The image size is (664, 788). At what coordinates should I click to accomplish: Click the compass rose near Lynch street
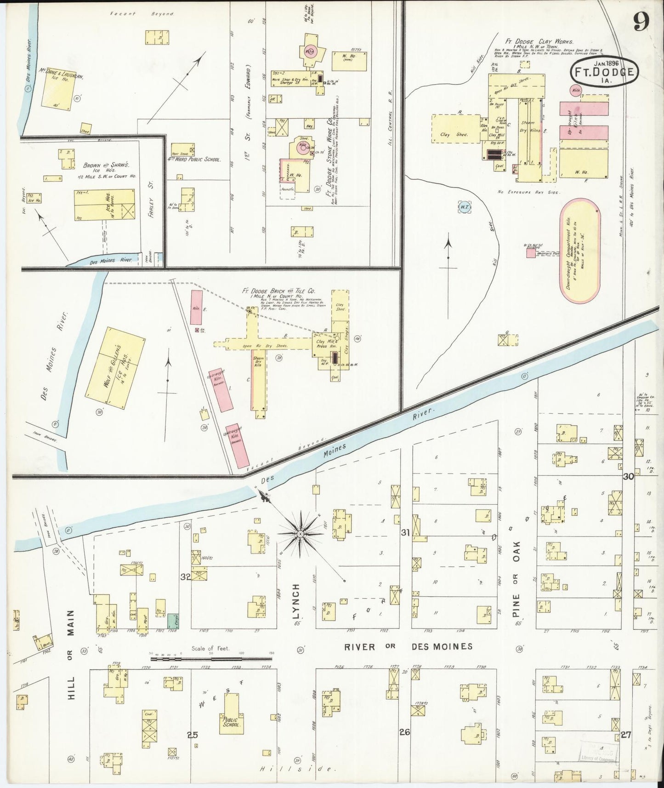pyautogui.click(x=300, y=534)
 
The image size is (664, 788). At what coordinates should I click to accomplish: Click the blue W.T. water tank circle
pyautogui.click(x=464, y=207)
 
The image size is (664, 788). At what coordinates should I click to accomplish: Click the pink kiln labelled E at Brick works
pyautogui.click(x=196, y=308)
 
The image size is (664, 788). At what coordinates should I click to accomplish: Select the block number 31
pyautogui.click(x=405, y=533)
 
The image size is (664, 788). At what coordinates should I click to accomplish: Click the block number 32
pyautogui.click(x=185, y=577)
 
